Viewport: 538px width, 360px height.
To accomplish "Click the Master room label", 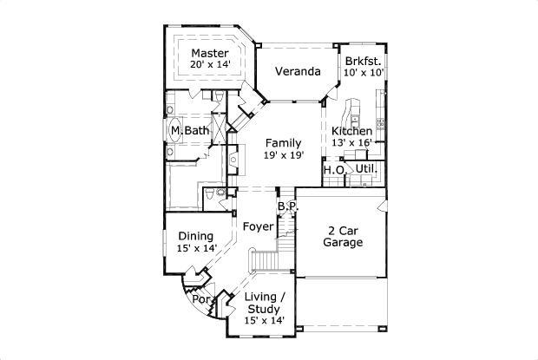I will click(x=209, y=54).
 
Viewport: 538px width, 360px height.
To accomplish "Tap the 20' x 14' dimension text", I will click(x=209, y=66).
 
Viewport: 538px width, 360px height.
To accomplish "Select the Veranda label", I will click(x=293, y=71).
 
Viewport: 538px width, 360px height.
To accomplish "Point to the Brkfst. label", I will click(x=363, y=61).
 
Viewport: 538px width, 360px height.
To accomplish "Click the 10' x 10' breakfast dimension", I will click(x=363, y=74).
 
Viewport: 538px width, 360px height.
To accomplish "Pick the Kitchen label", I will click(x=352, y=131).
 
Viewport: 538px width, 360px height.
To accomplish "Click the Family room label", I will click(x=284, y=142).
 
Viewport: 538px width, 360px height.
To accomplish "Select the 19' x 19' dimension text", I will click(x=284, y=155).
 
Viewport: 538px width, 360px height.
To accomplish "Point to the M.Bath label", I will click(x=189, y=131).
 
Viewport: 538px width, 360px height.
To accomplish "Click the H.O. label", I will click(x=334, y=170).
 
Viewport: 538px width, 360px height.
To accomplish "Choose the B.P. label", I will click(x=287, y=207).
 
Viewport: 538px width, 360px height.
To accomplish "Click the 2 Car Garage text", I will click(x=344, y=236).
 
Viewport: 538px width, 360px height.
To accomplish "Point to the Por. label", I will click(x=201, y=299).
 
